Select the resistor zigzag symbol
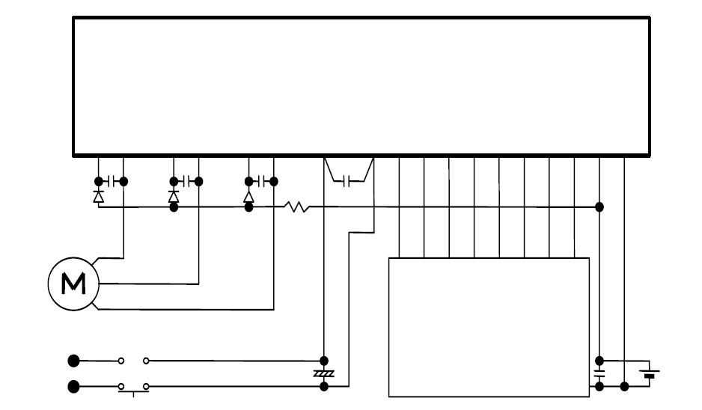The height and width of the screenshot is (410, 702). point(296,206)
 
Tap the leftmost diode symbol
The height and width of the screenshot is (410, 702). point(98,195)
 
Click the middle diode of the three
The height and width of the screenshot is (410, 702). point(174,195)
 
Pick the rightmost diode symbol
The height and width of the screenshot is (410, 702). point(248,195)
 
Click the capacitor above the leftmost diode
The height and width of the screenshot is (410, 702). point(111,180)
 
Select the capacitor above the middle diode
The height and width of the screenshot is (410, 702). point(186,180)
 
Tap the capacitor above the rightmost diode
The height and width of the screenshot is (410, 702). point(261,180)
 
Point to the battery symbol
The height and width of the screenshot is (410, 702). point(649,373)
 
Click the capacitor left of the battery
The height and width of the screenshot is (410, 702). point(599,373)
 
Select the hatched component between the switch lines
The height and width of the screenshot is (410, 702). point(323,373)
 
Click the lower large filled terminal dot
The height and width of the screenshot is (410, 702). point(73,387)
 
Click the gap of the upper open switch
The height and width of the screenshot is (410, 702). point(133,361)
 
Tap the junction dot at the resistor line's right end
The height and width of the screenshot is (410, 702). point(599,206)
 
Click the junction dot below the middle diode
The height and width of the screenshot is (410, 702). point(174,207)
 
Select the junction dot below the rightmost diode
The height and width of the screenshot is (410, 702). point(248,207)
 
